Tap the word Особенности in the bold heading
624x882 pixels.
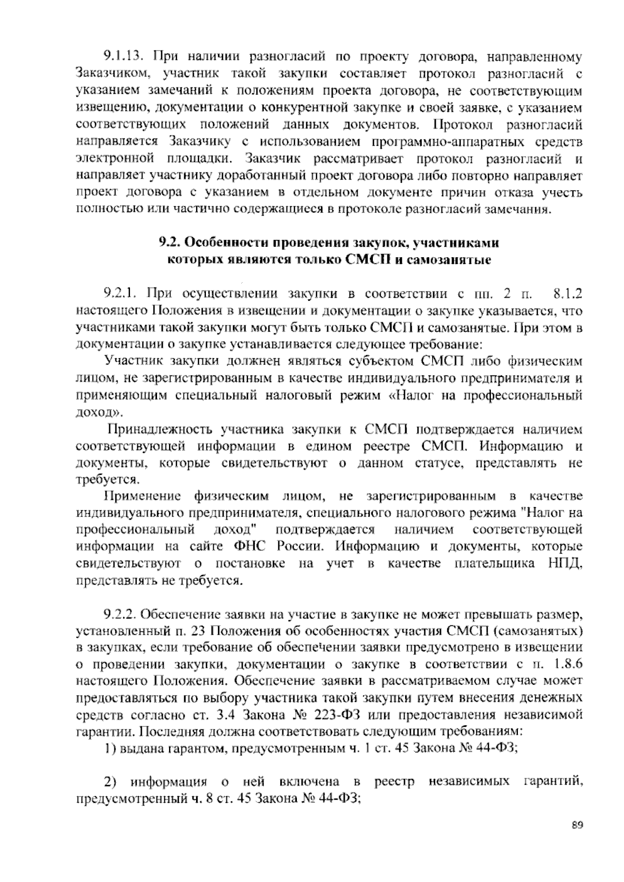227,243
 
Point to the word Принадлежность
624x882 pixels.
160,430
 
